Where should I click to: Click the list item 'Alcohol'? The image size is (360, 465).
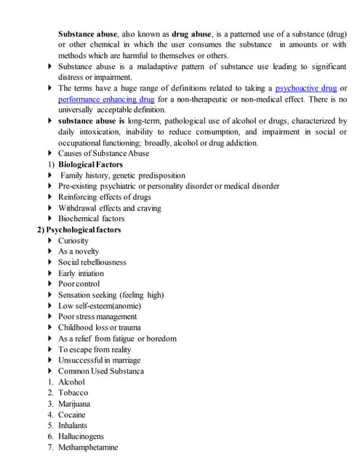click(71, 382)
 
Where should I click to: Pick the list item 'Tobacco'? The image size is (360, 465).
click(73, 393)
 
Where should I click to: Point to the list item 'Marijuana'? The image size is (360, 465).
click(74, 404)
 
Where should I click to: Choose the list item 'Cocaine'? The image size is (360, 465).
click(71, 415)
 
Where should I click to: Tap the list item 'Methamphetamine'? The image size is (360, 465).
click(87, 448)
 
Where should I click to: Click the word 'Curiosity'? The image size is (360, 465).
click(73, 240)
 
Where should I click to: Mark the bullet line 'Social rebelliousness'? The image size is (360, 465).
click(92, 262)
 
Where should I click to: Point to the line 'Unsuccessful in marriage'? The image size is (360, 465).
click(99, 360)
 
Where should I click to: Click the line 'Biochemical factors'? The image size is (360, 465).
click(91, 219)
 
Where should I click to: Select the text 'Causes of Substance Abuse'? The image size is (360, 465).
click(104, 153)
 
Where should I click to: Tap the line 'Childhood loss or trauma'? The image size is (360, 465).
click(99, 328)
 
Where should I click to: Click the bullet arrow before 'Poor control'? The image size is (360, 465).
click(50, 284)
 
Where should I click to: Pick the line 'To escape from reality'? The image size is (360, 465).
click(95, 349)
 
